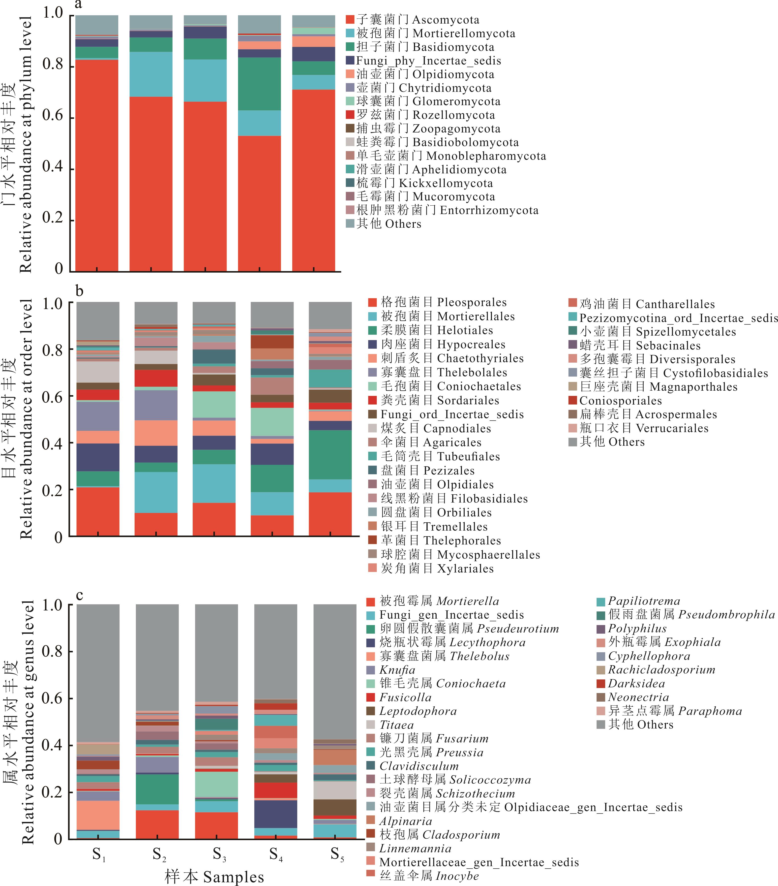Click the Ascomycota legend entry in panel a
pos(418,20)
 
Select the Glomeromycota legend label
pos(428,101)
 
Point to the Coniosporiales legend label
pos(620,401)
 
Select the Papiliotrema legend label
pos(644,601)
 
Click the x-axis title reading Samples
pos(214,877)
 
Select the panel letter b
pos(79,291)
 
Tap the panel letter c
pos(79,595)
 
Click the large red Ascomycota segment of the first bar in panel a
pos(97,165)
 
